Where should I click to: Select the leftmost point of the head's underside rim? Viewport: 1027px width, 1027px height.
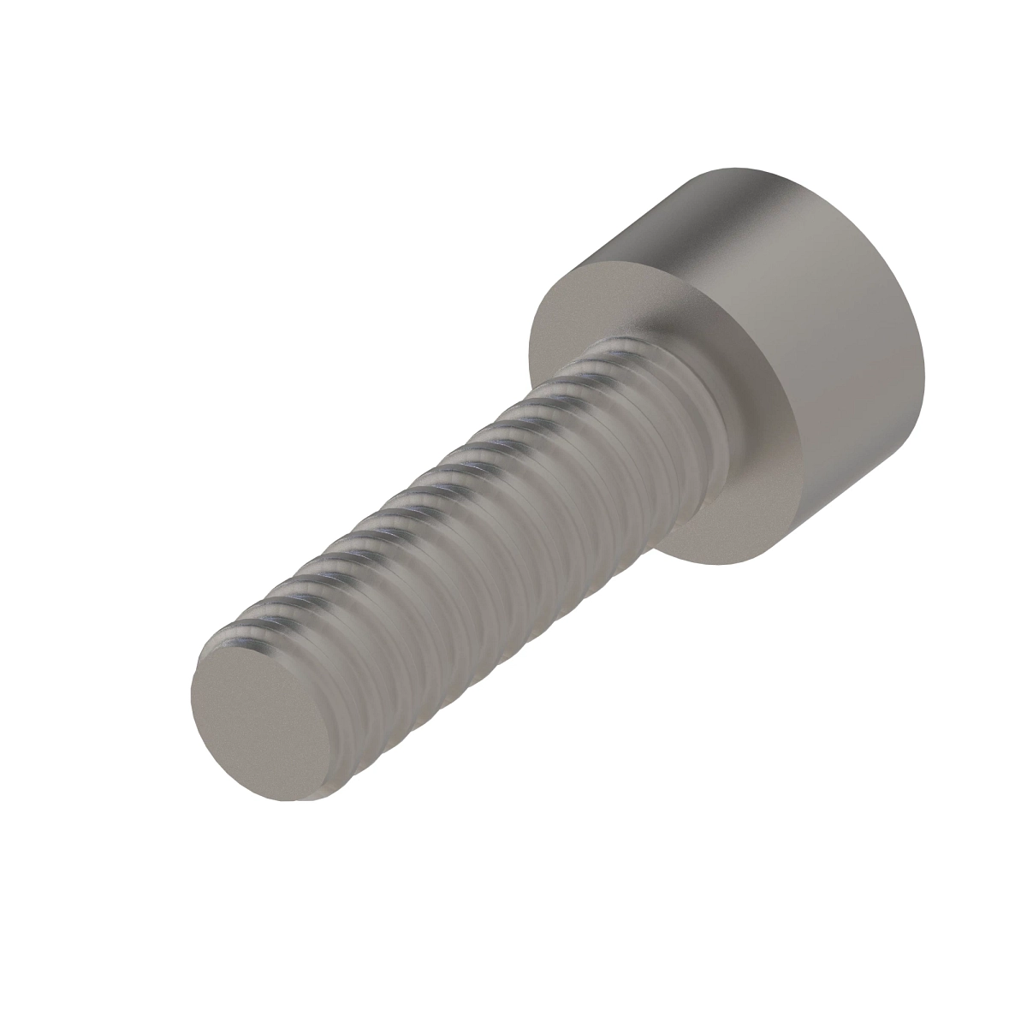tap(529, 359)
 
